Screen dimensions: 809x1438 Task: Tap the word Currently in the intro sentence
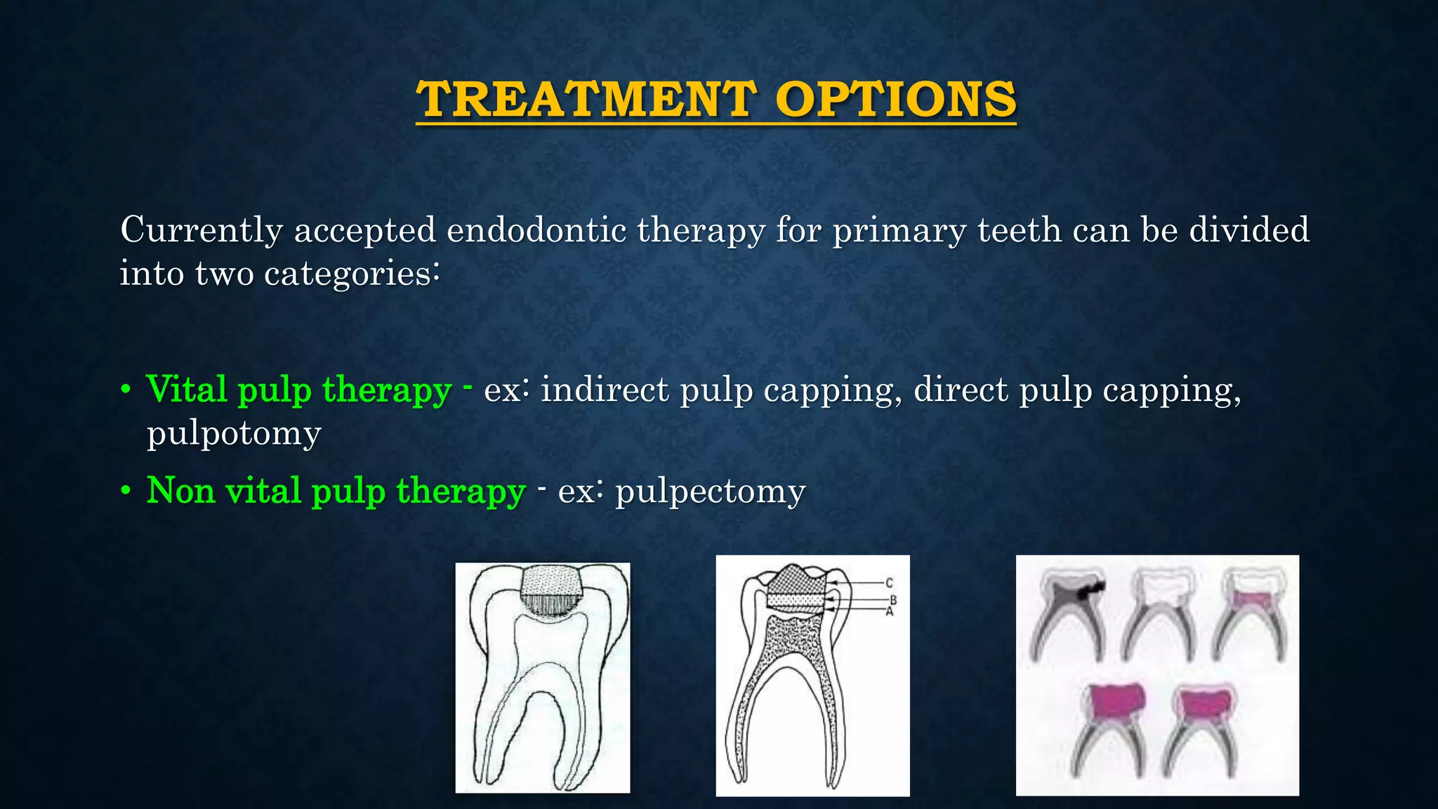coord(201,230)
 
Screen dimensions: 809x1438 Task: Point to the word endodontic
coord(536,230)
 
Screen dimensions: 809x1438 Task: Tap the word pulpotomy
coord(234,434)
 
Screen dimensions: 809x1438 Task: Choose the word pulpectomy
coord(710,492)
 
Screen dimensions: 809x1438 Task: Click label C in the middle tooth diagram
coord(889,583)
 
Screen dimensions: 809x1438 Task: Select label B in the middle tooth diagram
coord(893,600)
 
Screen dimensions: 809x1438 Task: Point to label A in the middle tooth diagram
coord(889,612)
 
